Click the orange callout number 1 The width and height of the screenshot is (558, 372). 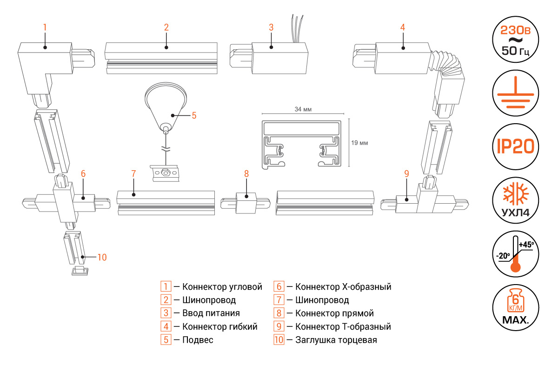point(45,27)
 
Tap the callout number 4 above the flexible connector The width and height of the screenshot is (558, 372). point(403,27)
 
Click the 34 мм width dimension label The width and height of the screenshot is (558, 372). point(303,109)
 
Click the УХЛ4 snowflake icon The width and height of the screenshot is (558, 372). point(516,200)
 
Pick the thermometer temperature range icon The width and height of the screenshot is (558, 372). point(516,253)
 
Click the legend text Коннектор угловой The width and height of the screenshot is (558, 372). point(222,286)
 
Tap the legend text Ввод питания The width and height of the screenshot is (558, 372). point(211,313)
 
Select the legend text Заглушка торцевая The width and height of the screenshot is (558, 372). point(336,340)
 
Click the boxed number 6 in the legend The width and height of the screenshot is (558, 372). point(279,286)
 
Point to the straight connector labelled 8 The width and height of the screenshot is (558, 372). point(246,203)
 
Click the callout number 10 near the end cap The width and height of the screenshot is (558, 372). point(102,257)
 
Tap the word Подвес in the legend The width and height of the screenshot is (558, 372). point(198,340)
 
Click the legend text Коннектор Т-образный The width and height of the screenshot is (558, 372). point(343,326)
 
